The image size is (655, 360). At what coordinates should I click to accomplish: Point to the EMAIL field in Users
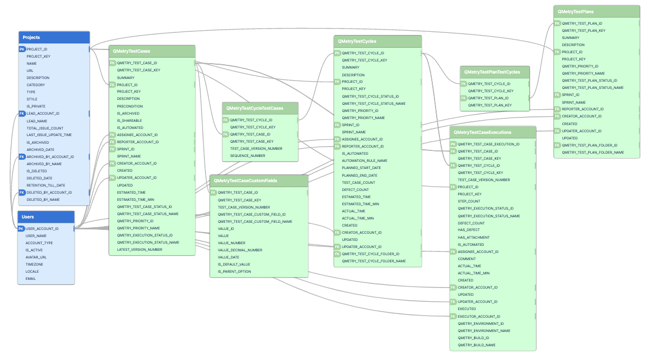(31, 278)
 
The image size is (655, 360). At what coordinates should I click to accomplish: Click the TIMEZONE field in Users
(34, 264)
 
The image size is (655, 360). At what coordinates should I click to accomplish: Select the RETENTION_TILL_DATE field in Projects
(46, 185)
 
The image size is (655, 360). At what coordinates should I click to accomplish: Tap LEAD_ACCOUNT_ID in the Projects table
(43, 114)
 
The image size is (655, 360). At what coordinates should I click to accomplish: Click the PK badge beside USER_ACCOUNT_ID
(21, 228)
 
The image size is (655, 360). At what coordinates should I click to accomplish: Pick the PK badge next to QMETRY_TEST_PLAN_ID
(557, 24)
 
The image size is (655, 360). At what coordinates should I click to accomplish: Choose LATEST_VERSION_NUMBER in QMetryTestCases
(139, 249)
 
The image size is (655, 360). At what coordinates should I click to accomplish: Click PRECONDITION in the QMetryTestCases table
(129, 106)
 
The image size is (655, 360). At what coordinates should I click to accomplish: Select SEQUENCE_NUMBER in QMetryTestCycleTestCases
(247, 155)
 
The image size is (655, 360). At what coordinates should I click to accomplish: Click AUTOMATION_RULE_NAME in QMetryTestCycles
(364, 160)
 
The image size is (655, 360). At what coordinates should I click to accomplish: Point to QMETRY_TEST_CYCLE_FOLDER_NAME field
(374, 261)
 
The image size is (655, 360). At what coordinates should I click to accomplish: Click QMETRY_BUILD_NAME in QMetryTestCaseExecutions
(476, 345)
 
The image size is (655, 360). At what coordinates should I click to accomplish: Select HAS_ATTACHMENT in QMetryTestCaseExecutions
(473, 237)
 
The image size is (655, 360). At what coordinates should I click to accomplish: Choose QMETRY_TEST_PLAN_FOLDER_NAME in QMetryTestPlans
(592, 152)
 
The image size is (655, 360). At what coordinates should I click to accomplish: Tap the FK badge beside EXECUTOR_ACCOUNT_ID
(453, 316)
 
